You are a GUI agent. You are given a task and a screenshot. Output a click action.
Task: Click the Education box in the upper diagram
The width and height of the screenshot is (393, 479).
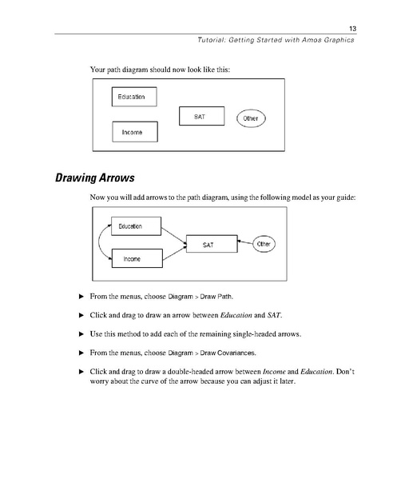133,97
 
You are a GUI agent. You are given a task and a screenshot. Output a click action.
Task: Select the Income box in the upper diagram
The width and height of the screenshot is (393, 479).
133,132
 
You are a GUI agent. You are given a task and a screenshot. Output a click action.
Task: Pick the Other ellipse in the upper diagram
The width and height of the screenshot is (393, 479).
251,119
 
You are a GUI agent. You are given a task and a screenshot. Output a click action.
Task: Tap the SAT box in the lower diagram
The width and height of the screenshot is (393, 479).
209,243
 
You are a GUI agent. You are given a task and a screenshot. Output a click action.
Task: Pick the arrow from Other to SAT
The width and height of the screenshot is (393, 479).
244,243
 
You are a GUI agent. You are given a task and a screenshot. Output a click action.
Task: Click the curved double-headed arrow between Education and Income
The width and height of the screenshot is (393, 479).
100,242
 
